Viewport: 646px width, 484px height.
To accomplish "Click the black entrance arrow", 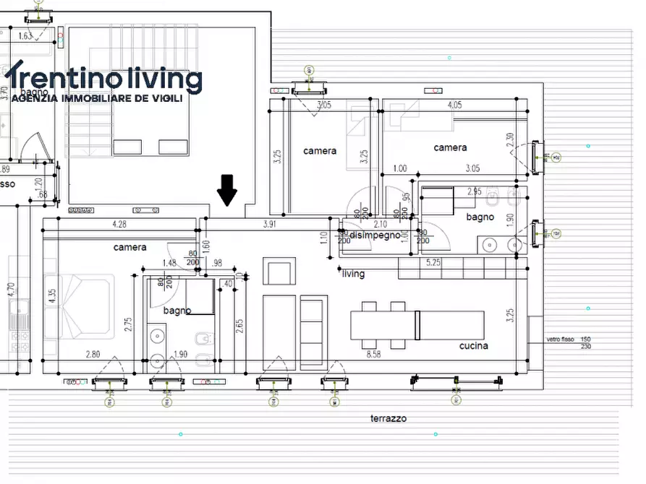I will (227, 190).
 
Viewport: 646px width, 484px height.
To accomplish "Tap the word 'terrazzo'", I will (388, 418).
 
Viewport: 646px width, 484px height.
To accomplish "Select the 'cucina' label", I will (473, 345).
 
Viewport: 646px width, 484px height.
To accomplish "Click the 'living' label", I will (354, 274).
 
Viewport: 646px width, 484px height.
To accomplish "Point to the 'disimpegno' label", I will (375, 235).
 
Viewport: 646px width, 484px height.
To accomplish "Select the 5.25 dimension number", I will (434, 262).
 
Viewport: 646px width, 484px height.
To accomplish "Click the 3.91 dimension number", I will (268, 225).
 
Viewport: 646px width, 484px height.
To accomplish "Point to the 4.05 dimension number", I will (454, 105).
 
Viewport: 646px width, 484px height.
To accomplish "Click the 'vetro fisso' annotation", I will (558, 339).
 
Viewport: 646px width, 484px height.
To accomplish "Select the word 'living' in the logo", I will (155, 79).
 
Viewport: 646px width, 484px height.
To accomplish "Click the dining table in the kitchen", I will (417, 325).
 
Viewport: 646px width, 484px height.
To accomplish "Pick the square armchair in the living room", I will (279, 273).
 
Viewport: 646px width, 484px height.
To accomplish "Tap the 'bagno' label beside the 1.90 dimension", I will (480, 217).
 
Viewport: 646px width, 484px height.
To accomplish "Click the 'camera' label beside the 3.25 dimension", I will (320, 151).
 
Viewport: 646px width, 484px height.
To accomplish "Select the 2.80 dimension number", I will (93, 354).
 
